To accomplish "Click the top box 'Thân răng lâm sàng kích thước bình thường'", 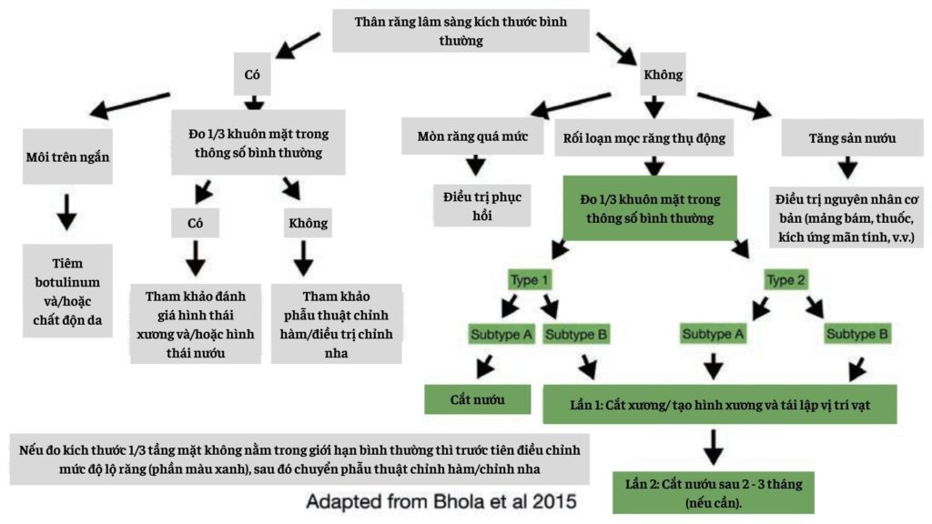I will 461,30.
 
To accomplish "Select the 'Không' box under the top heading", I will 663,75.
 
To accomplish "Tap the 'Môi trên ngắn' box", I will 68,156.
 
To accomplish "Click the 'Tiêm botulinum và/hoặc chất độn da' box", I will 68,290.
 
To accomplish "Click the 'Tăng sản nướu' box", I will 838,138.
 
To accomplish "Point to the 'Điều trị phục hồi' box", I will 474,205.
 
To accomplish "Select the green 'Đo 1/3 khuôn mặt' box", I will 650,207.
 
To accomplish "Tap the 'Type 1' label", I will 530,280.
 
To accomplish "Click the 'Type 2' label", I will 787,280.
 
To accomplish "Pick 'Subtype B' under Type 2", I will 857,334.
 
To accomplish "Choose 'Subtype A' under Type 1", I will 501,334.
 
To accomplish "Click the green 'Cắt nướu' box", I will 478,398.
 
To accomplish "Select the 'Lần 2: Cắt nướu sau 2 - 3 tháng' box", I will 713,491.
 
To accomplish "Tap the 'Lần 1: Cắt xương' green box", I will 719,403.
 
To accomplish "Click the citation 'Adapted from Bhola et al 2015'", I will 441,501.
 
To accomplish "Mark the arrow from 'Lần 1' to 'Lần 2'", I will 713,445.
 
